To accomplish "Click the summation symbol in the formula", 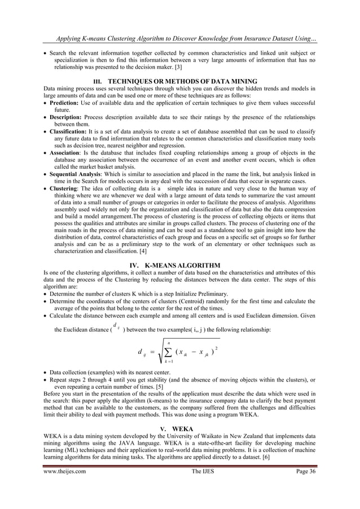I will (x=168, y=355).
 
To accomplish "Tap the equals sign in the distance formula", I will (x=152, y=354).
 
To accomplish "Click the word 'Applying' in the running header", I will (x=69, y=38).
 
